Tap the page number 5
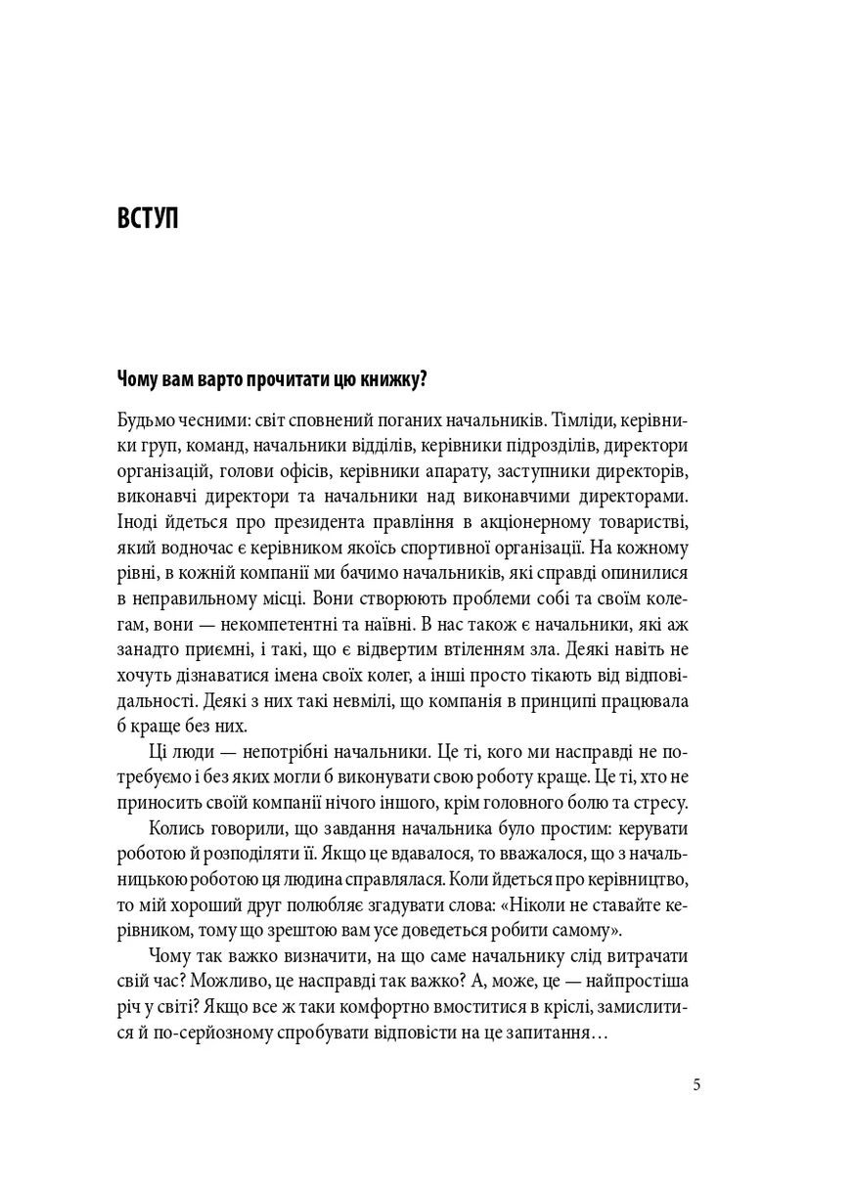pyautogui.click(x=697, y=1084)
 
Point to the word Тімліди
pyautogui.click(x=586, y=421)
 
